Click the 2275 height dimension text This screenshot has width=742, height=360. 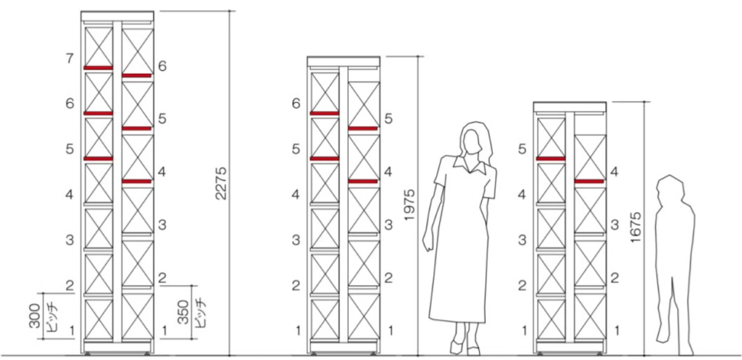[x=222, y=183]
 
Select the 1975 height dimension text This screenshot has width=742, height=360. [x=410, y=205]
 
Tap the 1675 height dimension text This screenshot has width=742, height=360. [x=636, y=227]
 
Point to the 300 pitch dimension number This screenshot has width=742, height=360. [x=35, y=316]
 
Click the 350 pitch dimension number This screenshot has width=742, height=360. [x=183, y=313]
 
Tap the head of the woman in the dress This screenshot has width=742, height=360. [x=474, y=140]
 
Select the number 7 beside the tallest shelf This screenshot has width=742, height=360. [x=70, y=59]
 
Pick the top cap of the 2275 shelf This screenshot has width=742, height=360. [x=117, y=16]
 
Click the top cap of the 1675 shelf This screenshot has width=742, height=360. [x=570, y=106]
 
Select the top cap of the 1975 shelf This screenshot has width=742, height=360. [x=343, y=61]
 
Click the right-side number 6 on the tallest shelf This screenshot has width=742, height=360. [x=162, y=66]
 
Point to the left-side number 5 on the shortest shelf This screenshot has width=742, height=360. [x=522, y=149]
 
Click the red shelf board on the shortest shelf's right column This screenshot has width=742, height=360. [x=589, y=181]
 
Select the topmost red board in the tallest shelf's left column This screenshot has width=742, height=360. [x=99, y=68]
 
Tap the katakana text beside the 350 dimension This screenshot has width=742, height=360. [x=197, y=313]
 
